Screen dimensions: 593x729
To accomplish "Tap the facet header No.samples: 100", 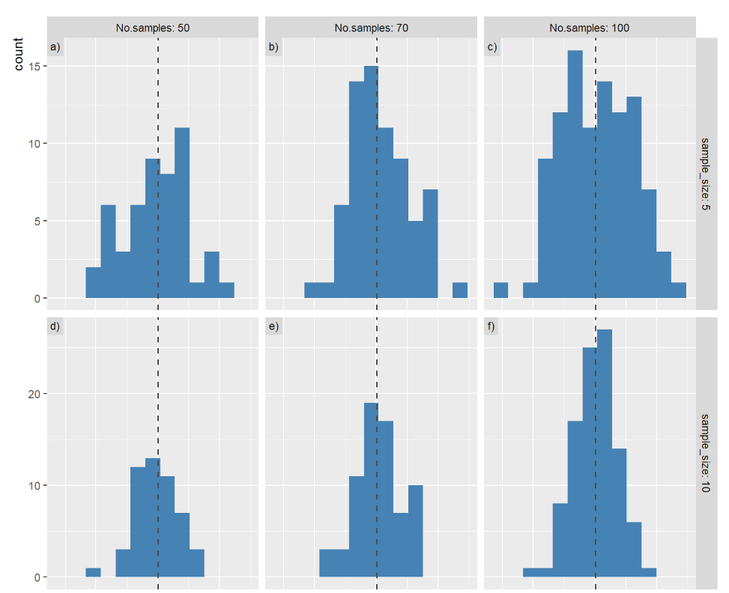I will pyautogui.click(x=589, y=28).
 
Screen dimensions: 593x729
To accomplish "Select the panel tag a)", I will pyautogui.click(x=55, y=48).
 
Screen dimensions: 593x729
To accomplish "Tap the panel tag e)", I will pyautogui.click(x=273, y=326).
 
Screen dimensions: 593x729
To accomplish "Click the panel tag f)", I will pyautogui.click(x=491, y=326).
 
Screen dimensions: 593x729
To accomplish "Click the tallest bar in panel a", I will pyautogui.click(x=181, y=213).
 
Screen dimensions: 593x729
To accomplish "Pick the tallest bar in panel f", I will pyautogui.click(x=605, y=453).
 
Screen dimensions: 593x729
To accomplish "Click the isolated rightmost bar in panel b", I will pyautogui.click(x=460, y=291).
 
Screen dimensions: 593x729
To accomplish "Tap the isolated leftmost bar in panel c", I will pyautogui.click(x=501, y=291).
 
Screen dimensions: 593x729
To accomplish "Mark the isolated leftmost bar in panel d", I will pyautogui.click(x=93, y=573).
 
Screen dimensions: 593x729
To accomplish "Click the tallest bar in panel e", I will pyautogui.click(x=371, y=490).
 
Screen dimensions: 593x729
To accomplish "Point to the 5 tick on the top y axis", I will pyautogui.click(x=36, y=221).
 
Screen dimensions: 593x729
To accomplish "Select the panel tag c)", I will pyautogui.click(x=491, y=48).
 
